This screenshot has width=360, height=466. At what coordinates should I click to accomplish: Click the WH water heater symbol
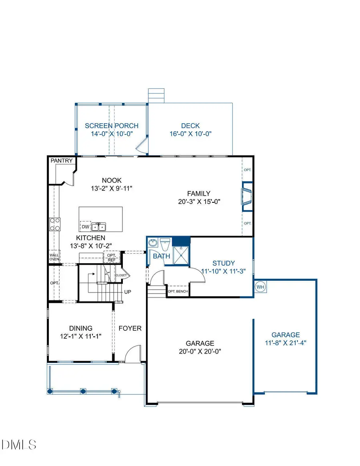pyautogui.click(x=260, y=287)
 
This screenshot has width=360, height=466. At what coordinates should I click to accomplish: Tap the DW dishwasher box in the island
pyautogui.click(x=85, y=227)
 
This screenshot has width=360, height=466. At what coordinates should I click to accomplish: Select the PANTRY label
pyautogui.click(x=62, y=161)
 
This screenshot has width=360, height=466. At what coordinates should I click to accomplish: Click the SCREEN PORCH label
pyautogui.click(x=112, y=126)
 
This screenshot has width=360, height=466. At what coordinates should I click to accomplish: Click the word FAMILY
pyautogui.click(x=200, y=194)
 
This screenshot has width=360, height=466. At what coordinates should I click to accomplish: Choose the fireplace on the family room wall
pyautogui.click(x=246, y=196)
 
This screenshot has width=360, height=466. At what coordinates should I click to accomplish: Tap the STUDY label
pyautogui.click(x=224, y=263)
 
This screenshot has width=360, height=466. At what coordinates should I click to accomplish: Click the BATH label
pyautogui.click(x=161, y=256)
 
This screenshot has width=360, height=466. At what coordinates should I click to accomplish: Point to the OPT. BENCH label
pyautogui.click(x=178, y=291)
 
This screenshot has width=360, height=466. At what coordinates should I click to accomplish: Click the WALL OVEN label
pyautogui.click(x=54, y=257)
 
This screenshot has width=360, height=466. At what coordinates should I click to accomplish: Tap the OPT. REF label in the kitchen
pyautogui.click(x=112, y=258)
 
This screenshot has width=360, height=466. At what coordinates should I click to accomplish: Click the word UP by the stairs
pyautogui.click(x=128, y=292)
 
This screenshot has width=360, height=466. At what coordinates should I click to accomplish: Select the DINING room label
pyautogui.click(x=80, y=328)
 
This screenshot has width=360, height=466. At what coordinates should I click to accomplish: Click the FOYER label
pyautogui.click(x=130, y=328)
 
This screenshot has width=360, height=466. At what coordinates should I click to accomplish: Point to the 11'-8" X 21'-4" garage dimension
pyautogui.click(x=286, y=343)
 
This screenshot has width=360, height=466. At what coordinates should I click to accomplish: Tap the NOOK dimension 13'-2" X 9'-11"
pyautogui.click(x=112, y=188)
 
